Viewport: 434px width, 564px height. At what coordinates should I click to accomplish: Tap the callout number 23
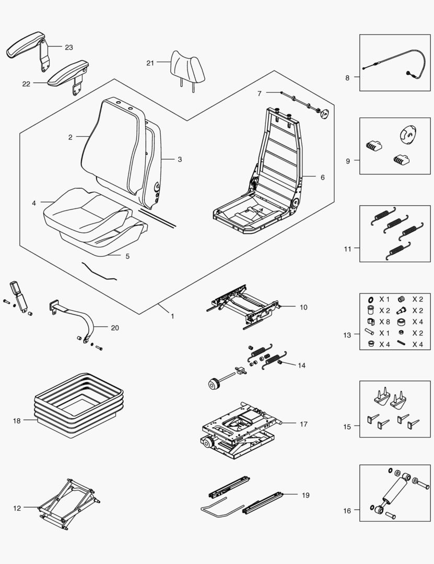69,47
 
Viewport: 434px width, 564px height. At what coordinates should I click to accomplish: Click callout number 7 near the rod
259,93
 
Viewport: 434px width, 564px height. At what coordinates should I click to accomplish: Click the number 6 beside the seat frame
322,178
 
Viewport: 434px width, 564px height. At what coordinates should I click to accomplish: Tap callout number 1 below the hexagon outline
172,316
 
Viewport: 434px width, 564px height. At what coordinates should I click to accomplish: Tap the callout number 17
303,424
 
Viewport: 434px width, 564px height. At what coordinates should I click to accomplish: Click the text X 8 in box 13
384,322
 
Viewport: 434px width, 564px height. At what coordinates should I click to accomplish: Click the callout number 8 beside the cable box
347,78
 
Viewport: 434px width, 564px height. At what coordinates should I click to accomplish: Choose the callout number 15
348,427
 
